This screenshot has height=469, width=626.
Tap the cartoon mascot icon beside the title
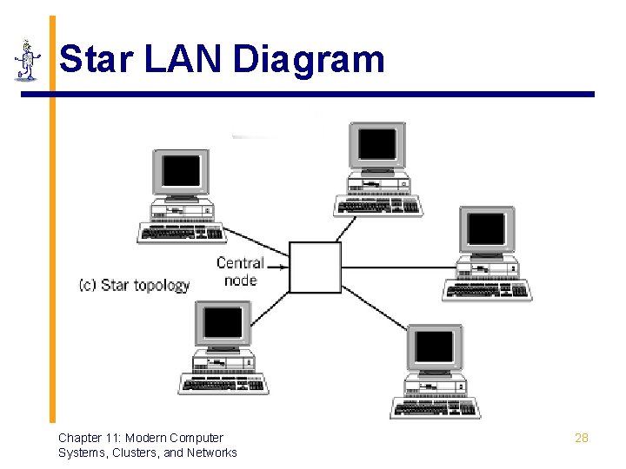(x=28, y=61)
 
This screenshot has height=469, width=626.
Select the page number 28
(x=582, y=438)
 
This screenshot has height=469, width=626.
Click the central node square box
(x=315, y=267)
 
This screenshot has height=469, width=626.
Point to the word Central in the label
(x=240, y=263)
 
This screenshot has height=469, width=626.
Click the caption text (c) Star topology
(x=134, y=285)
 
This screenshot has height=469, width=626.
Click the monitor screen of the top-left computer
(x=181, y=171)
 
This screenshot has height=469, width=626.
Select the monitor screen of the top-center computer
(x=377, y=144)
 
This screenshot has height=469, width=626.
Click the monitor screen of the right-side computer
(x=486, y=229)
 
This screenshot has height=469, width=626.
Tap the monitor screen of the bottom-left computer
(x=223, y=323)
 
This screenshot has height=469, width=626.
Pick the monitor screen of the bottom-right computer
(x=434, y=347)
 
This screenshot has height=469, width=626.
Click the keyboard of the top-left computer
(x=182, y=234)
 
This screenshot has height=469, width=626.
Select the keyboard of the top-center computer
(x=378, y=206)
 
